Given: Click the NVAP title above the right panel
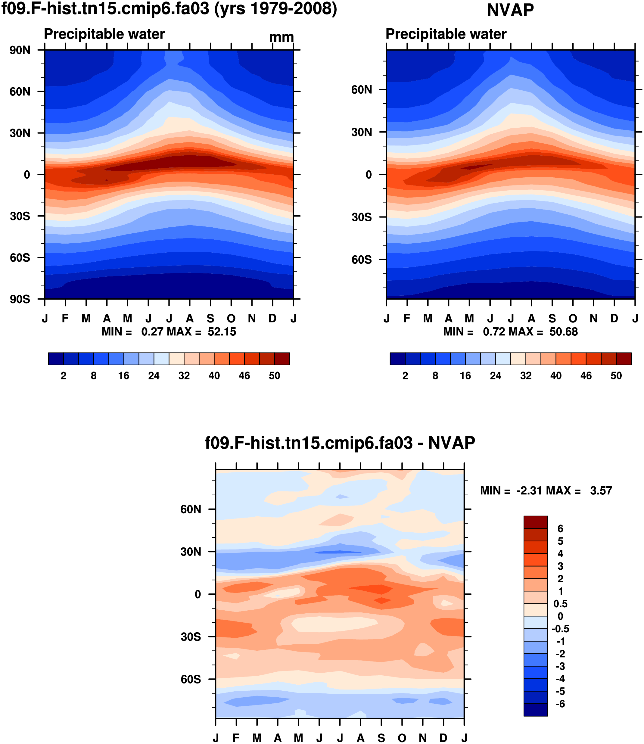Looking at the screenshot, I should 510,10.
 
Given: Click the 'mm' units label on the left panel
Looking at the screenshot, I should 282,37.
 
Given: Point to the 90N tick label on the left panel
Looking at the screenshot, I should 20,50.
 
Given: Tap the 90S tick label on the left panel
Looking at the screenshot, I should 20,299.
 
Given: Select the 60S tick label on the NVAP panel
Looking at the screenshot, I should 362,260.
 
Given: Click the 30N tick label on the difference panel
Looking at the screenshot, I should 191,552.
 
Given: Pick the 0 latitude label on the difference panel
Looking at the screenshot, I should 198,594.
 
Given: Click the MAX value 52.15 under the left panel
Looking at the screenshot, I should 222,332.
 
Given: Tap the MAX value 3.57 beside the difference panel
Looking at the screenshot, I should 601,490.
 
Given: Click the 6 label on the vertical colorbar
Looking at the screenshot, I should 560,529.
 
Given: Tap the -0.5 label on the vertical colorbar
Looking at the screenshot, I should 560,629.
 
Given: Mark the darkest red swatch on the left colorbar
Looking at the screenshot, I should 282,359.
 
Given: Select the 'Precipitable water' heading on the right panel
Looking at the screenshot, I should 446,34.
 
